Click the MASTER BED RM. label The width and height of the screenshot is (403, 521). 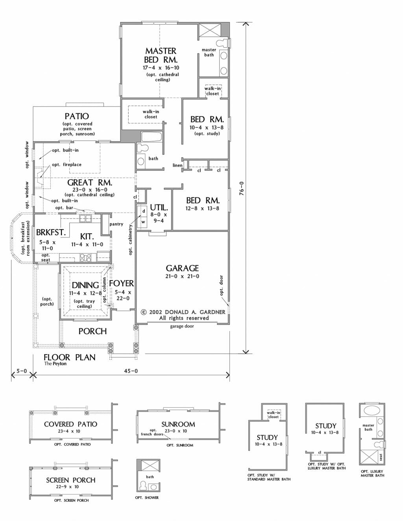(161, 55)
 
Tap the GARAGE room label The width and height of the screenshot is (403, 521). (182, 268)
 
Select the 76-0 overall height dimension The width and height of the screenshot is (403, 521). (242, 188)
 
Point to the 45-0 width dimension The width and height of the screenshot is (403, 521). (131, 371)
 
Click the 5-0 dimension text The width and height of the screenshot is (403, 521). (22, 371)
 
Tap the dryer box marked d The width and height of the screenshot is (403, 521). (143, 211)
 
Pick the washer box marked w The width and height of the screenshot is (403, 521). (143, 222)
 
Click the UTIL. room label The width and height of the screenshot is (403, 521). (159, 207)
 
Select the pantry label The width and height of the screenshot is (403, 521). (116, 224)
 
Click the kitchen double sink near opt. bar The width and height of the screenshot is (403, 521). (85, 218)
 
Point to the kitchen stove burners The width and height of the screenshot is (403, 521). (86, 258)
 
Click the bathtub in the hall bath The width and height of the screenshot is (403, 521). (152, 136)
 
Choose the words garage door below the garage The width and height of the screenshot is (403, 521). (182, 326)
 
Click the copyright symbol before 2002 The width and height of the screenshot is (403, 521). (143, 312)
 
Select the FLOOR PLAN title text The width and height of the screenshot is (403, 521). (70, 357)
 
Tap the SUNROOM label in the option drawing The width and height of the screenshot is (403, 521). (178, 424)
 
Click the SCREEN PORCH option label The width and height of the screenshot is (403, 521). (71, 480)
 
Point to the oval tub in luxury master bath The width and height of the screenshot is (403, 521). (372, 410)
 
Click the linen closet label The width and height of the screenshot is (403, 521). (177, 165)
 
